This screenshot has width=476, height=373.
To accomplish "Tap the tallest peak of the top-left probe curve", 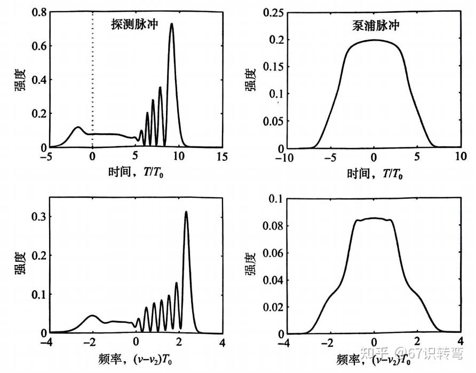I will click(172, 25).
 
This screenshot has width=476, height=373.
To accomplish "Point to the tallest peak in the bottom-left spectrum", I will click(186, 212).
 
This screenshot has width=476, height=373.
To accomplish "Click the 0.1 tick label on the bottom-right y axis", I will click(273, 199).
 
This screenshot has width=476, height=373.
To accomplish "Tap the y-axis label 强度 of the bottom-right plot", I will click(249, 266).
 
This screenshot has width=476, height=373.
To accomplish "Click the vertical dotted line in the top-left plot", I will click(92, 80).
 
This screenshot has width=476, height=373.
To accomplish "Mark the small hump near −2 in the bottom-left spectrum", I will click(92, 316).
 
